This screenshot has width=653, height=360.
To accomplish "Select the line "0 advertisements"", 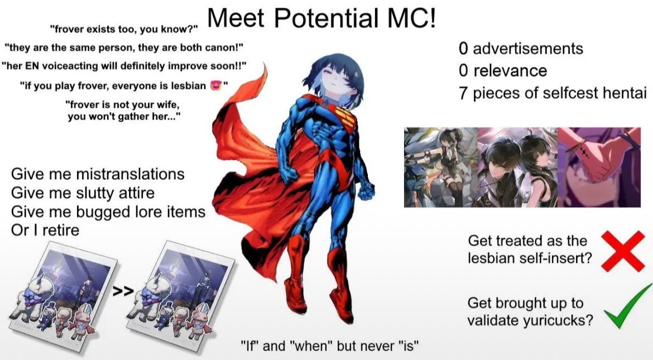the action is tap(521, 49).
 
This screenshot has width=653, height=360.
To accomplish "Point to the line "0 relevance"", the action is tap(503, 70).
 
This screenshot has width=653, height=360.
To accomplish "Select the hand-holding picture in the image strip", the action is tap(599, 167).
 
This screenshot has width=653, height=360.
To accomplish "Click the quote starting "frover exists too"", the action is tap(124, 30).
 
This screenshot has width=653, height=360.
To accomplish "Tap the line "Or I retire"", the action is tap(45, 230).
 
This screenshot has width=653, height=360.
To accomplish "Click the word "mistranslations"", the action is tap(130, 174).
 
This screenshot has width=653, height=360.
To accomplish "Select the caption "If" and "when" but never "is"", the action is tap(330, 345).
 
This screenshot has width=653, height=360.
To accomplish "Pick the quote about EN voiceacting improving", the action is tap(124, 66).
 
